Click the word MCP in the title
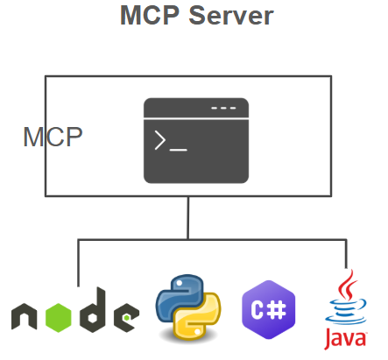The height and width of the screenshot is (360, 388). click(x=150, y=15)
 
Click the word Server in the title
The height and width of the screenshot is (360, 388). click(x=231, y=16)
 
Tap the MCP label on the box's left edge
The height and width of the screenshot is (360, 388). click(x=53, y=137)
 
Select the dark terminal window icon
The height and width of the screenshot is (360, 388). click(x=196, y=141)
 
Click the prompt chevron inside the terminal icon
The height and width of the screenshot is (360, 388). click(x=160, y=140)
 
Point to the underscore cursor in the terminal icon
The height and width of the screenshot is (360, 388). click(x=179, y=150)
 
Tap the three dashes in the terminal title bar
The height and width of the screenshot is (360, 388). click(x=223, y=108)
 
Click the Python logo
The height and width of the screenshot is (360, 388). click(x=188, y=307)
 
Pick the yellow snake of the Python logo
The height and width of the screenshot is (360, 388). click(x=200, y=318)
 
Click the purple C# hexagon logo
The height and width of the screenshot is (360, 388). click(x=269, y=309)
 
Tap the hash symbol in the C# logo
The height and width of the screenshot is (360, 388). click(x=277, y=310)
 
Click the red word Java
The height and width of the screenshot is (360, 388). click(x=346, y=339)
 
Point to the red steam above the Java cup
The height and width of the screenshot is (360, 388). click(x=348, y=285)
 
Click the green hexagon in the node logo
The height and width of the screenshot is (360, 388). click(x=59, y=318)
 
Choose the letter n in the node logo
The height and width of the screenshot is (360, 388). click(x=25, y=316)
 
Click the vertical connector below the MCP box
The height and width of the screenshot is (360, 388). click(x=188, y=218)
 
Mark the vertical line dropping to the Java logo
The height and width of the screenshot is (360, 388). click(x=346, y=254)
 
